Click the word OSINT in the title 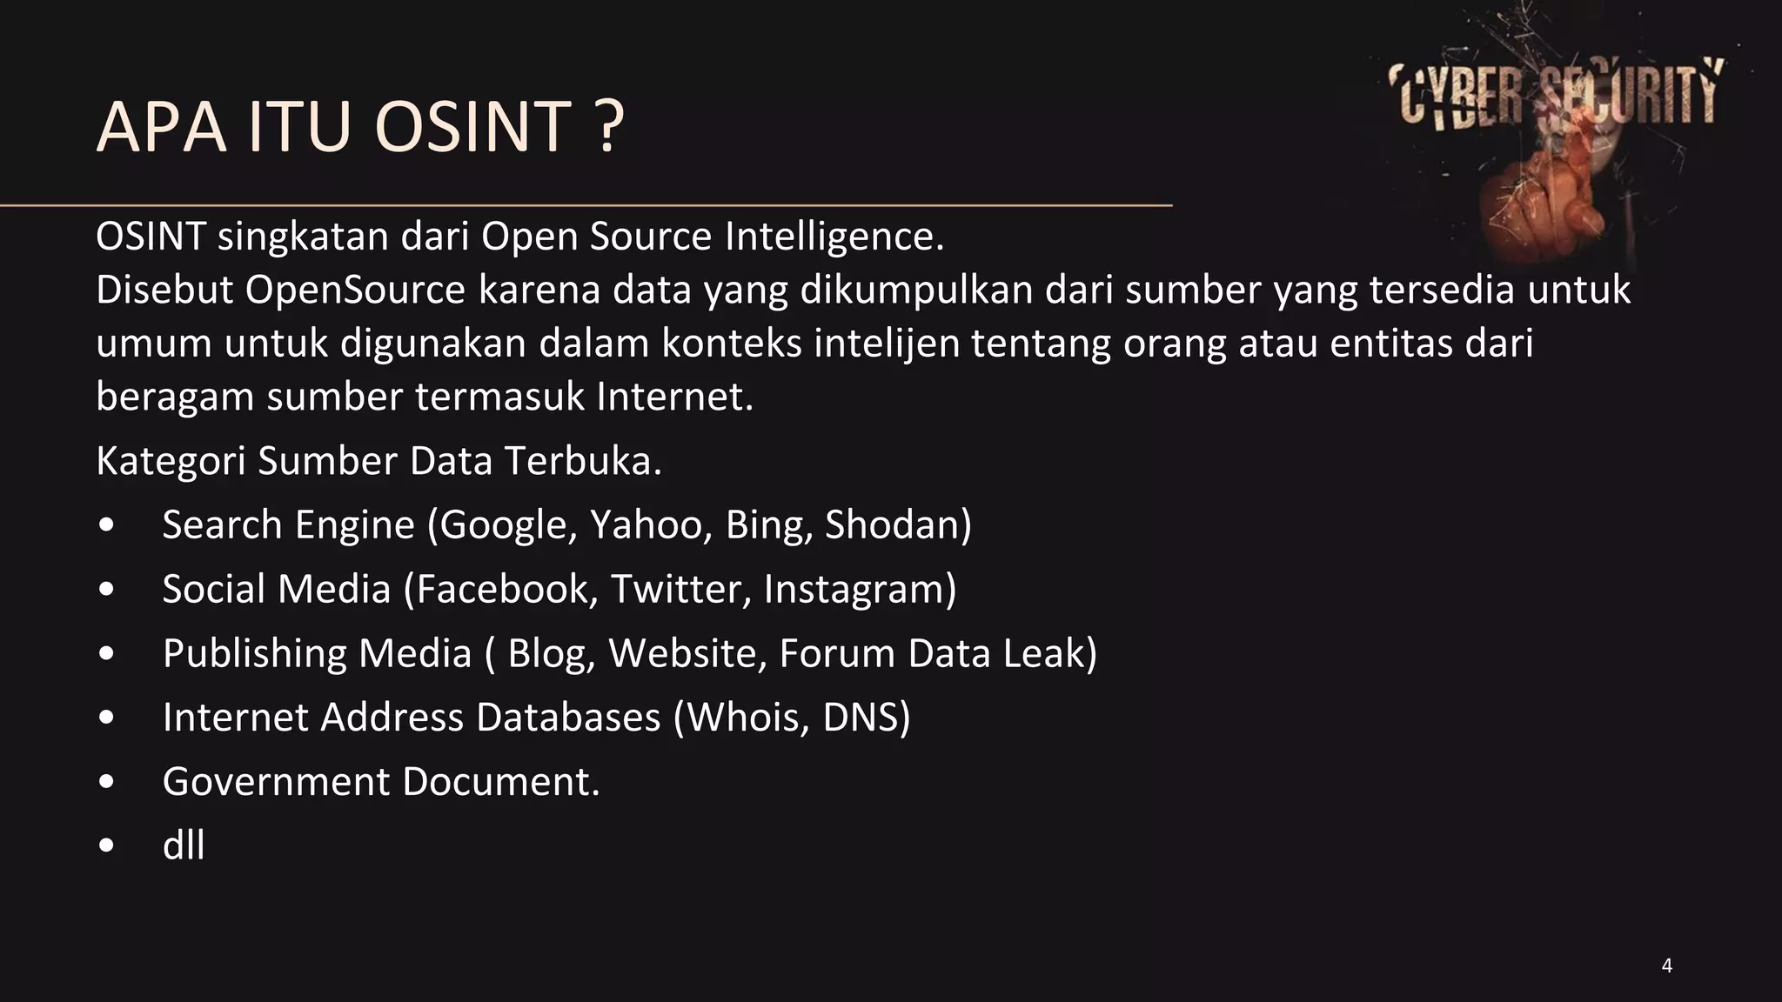pos(472,127)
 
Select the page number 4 pos(1666,965)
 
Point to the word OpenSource pos(355,290)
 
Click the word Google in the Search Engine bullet pos(504,524)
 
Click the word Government pos(276,781)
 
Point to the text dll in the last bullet pos(184,845)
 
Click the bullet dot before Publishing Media pos(106,654)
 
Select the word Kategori pos(171,461)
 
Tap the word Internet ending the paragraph pos(670,397)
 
